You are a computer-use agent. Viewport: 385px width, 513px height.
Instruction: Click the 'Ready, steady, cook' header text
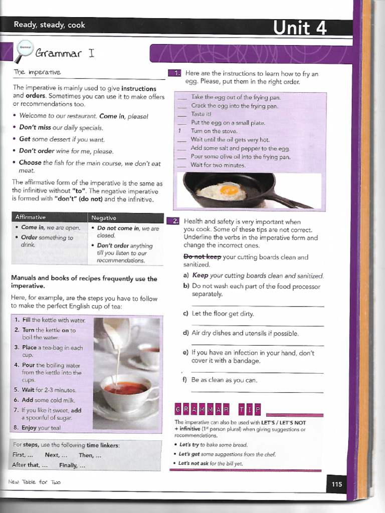pyautogui.click(x=49, y=25)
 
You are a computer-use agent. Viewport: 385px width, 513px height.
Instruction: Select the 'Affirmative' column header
pyautogui.click(x=31, y=217)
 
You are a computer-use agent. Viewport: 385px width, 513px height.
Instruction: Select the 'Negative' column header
pyautogui.click(x=104, y=218)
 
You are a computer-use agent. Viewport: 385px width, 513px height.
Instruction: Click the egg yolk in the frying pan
pyautogui.click(x=229, y=190)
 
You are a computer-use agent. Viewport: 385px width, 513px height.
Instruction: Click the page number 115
pyautogui.click(x=336, y=484)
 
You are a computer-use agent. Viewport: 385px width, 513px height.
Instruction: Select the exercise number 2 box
pyautogui.click(x=174, y=221)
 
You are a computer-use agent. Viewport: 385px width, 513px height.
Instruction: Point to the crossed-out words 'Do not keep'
pyautogui.click(x=202, y=257)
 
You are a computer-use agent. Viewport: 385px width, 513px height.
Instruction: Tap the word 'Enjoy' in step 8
pyautogui.click(x=30, y=427)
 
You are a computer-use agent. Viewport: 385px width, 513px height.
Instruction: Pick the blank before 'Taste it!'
pyautogui.click(x=182, y=114)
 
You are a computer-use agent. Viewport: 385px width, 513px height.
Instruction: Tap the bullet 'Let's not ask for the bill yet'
pyautogui.click(x=211, y=463)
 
